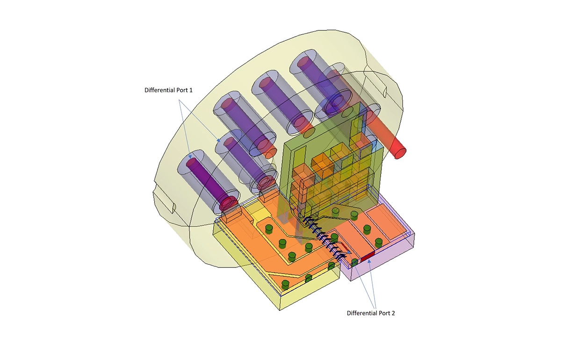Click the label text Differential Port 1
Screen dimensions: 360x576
click(x=169, y=90)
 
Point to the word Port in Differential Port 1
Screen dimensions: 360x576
click(x=182, y=90)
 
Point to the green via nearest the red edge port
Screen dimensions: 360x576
click(x=355, y=262)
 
